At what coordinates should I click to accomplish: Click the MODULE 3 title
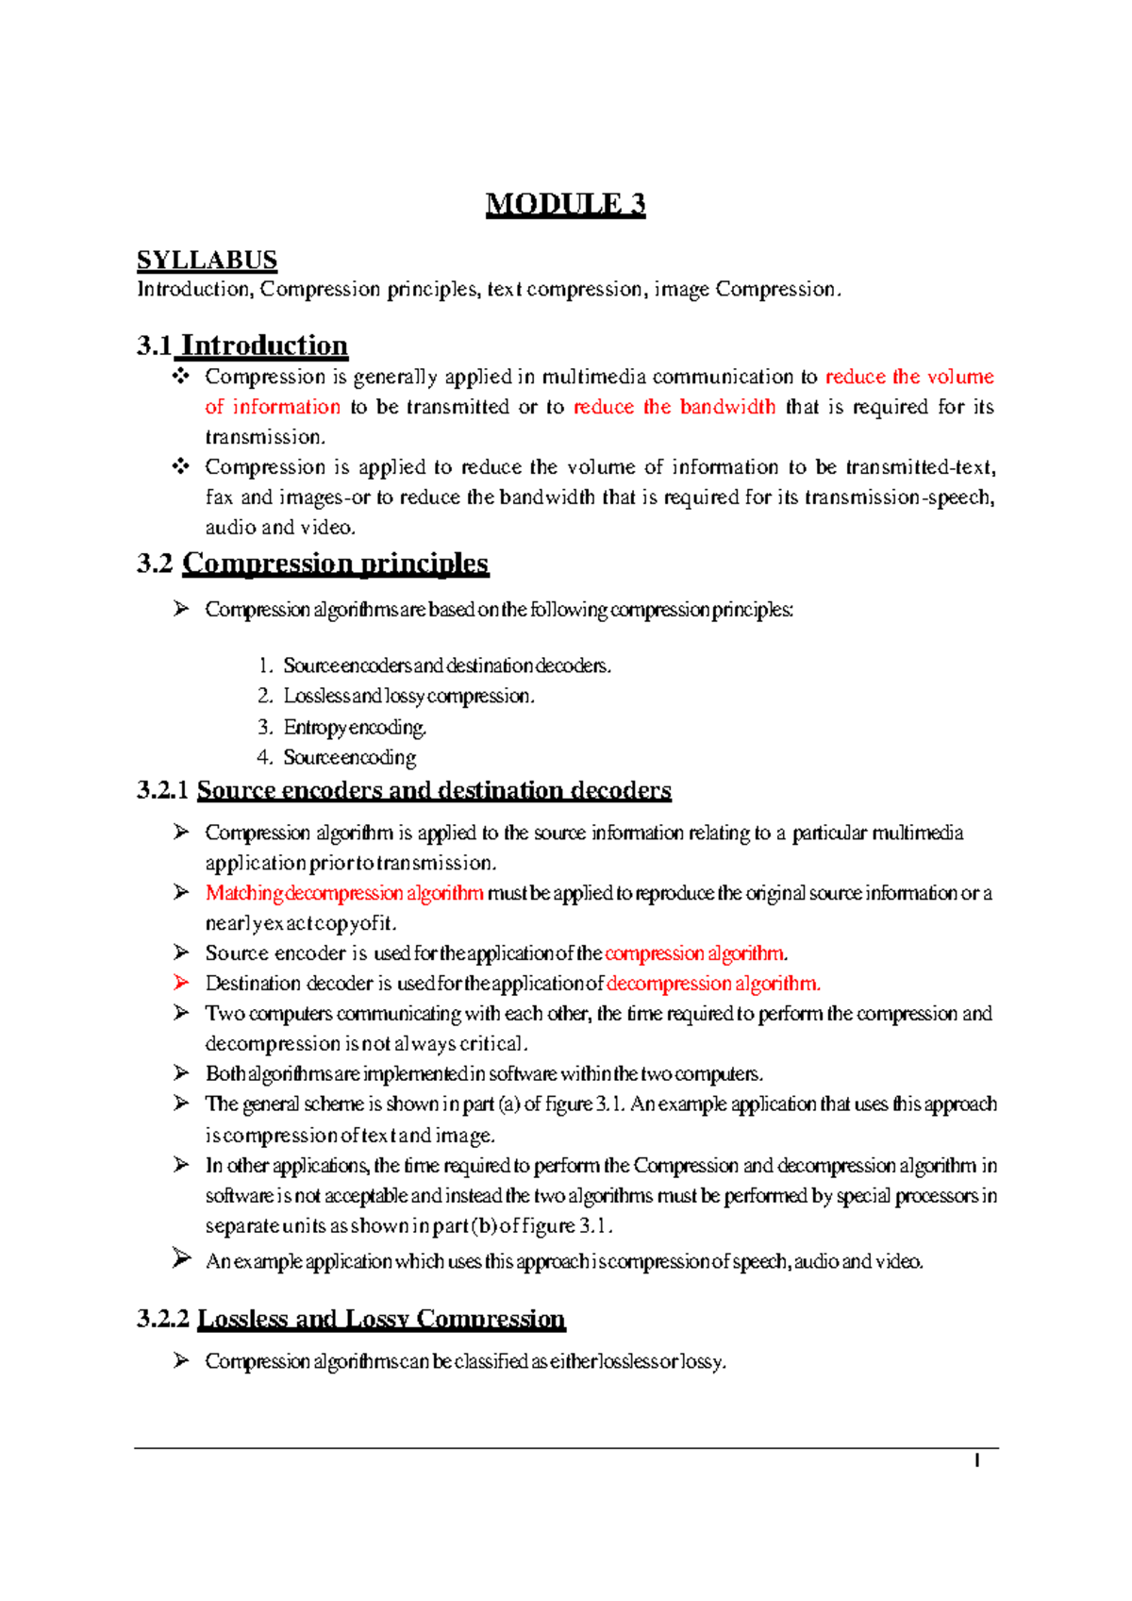(565, 204)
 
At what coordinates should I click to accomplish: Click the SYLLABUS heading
(207, 260)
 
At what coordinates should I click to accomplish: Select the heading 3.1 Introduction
(242, 345)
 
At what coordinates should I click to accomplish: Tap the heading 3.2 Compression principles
(312, 564)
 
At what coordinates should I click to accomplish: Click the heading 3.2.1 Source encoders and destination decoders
(404, 790)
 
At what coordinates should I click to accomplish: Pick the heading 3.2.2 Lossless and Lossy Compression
(351, 1319)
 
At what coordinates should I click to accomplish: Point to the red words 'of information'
(273, 407)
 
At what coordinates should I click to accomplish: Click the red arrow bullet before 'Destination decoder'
(181, 983)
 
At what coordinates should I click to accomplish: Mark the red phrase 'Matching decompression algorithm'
(344, 893)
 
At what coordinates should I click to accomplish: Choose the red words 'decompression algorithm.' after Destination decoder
(713, 984)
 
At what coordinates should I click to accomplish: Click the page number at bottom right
(977, 1461)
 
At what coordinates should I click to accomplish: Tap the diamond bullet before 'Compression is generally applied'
(180, 377)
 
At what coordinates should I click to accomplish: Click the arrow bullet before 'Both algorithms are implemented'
(181, 1073)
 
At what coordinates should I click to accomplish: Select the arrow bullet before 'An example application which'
(181, 1258)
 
